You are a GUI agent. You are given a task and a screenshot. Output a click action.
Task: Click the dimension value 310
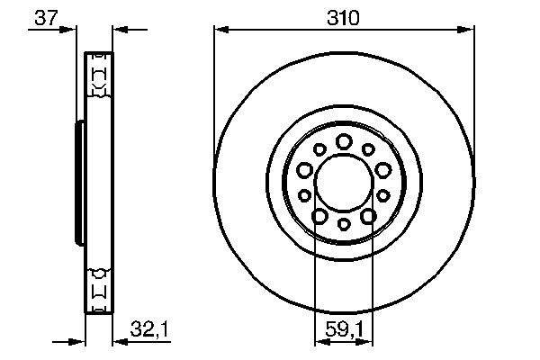[x=343, y=17]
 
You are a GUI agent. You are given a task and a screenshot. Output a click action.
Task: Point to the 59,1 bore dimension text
[x=343, y=332]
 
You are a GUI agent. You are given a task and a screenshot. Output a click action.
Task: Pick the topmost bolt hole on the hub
[x=343, y=140]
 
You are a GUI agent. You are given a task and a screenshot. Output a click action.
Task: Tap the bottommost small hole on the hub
[x=343, y=224]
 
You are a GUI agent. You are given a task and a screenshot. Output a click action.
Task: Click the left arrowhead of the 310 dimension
[x=219, y=30]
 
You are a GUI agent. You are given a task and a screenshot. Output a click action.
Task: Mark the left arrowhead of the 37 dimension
[x=68, y=30]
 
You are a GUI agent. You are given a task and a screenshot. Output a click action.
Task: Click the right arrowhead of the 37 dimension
[x=117, y=30]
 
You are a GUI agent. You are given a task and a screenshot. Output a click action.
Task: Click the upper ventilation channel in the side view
[x=98, y=76]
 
